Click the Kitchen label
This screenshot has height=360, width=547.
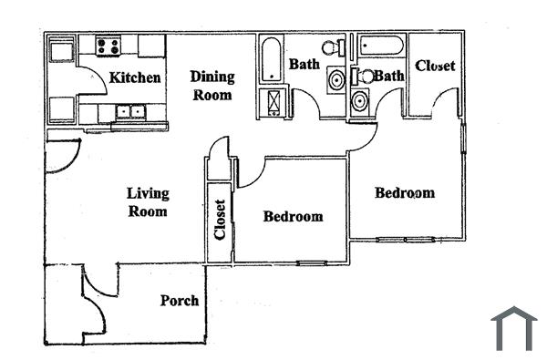click(136, 77)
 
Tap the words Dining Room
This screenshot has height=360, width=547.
click(212, 86)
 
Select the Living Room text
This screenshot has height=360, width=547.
click(147, 201)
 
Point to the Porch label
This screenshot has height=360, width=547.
click(180, 301)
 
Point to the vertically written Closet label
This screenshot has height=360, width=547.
click(220, 220)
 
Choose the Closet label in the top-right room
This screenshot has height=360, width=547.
click(435, 67)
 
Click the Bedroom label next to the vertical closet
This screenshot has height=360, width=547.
click(293, 217)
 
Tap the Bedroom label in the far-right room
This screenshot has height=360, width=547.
click(405, 193)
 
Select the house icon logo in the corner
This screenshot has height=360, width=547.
click(513, 328)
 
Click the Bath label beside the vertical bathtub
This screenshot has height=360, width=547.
click(304, 64)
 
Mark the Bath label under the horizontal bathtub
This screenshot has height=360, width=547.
click(388, 77)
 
